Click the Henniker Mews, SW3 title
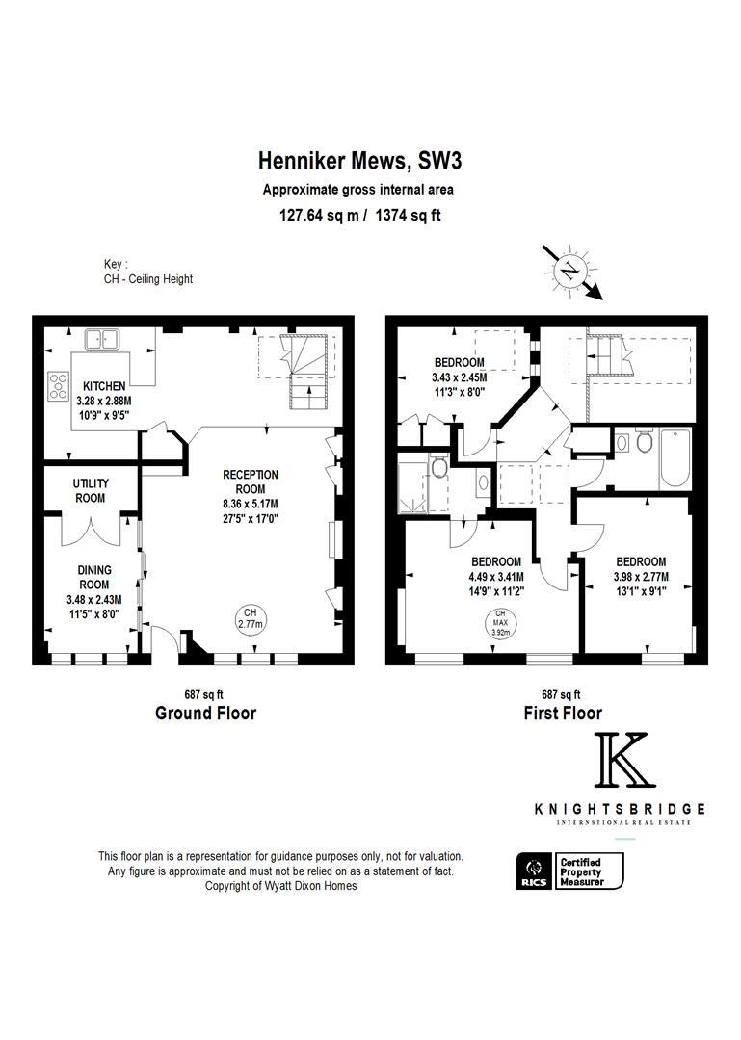pyautogui.click(x=359, y=161)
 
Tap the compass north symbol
pyautogui.click(x=570, y=271)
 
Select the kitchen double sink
pyautogui.click(x=101, y=340)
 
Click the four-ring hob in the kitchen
pyautogui.click(x=58, y=386)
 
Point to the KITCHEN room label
pyautogui.click(x=104, y=386)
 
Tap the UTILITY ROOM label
pyautogui.click(x=91, y=490)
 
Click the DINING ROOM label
pyautogui.click(x=94, y=577)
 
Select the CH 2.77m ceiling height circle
pyautogui.click(x=251, y=618)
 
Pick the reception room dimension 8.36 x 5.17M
pyautogui.click(x=251, y=504)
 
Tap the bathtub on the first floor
pyautogui.click(x=675, y=459)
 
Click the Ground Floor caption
pyautogui.click(x=206, y=713)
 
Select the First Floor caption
pyautogui.click(x=563, y=713)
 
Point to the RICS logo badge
pyautogui.click(x=534, y=871)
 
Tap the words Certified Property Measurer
pyautogui.click(x=582, y=871)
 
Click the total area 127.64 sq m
pyautogui.click(x=319, y=216)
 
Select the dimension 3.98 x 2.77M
pyautogui.click(x=641, y=577)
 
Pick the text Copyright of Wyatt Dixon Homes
pyautogui.click(x=280, y=886)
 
